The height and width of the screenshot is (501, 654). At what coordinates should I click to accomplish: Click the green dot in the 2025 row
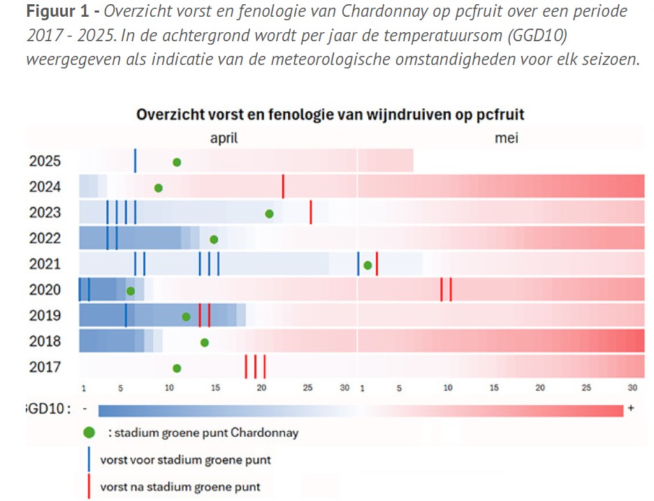pos(177,162)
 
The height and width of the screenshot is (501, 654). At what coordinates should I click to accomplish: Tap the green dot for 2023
pos(269,213)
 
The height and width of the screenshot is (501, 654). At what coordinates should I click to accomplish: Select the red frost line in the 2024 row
pos(283,187)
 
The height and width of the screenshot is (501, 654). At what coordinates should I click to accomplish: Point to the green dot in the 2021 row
pos(368,264)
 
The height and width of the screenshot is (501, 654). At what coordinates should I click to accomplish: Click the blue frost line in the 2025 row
pos(135,161)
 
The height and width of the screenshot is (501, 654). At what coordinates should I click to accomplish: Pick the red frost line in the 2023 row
pos(311,212)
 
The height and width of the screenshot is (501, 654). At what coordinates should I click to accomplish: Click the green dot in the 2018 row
pos(204,342)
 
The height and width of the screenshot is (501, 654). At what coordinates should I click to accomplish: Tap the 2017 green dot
pos(177,368)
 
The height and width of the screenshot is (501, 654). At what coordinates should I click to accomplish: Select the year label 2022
pos(45,238)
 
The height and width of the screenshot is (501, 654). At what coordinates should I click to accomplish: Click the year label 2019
pos(45,316)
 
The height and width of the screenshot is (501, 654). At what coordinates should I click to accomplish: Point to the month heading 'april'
pos(224,138)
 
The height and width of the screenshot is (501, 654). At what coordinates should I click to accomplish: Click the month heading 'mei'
pos(507,138)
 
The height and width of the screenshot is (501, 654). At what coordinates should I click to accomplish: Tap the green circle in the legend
pos(89,433)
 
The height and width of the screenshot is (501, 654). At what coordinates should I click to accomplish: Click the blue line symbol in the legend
pos(89,460)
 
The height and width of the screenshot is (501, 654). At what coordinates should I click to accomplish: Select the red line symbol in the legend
pos(89,486)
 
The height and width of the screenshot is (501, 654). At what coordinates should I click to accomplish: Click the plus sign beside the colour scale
pos(631,408)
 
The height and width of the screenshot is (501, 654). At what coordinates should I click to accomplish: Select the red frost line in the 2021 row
pos(377,264)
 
